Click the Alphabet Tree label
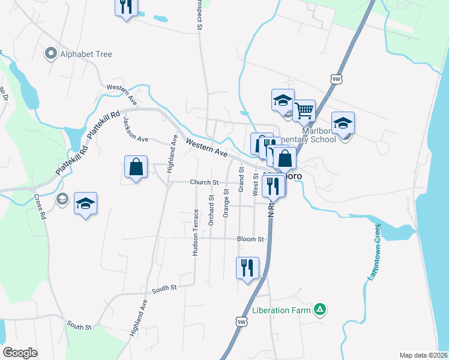point(86,54)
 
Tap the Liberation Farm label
point(282,310)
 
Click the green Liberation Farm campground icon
point(321,310)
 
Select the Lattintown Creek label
point(373,253)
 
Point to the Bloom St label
point(250,239)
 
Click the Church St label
point(204,182)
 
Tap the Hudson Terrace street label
point(195,233)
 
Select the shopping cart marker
point(304,110)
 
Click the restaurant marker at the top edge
point(126,6)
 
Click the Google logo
point(20,353)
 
